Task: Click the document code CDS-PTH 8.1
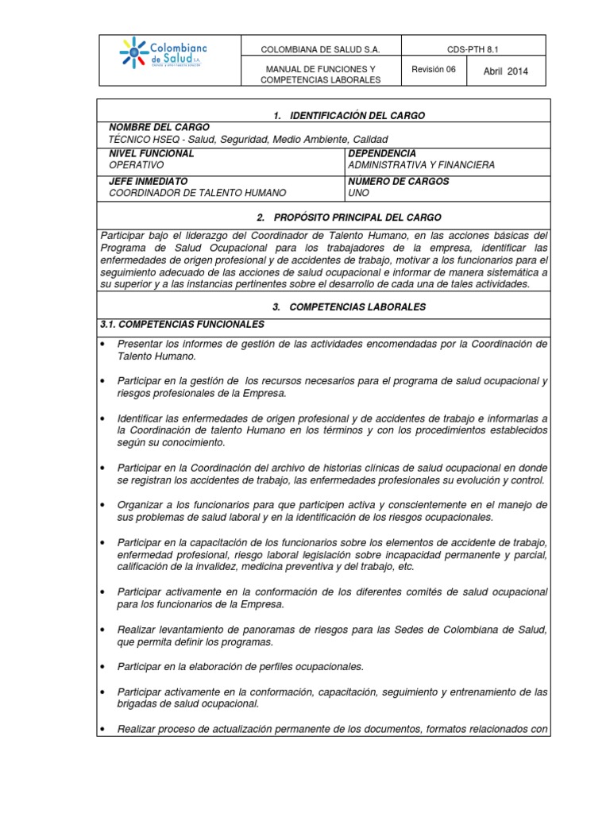473,49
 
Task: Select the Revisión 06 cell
434,70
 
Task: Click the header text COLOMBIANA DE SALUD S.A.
322,50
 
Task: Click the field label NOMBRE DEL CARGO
159,127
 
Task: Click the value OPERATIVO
136,165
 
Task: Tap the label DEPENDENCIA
381,153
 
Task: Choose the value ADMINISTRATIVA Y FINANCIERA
421,165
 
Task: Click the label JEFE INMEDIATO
148,181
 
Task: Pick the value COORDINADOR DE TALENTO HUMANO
197,193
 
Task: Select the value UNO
359,193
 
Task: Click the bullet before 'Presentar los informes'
103,345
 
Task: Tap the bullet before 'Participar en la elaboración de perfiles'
103,666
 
